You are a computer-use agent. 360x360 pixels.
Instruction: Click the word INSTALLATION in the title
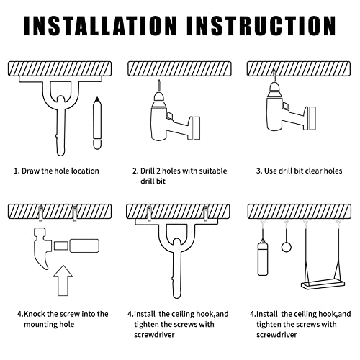click(100, 26)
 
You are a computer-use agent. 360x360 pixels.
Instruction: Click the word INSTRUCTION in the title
click(261, 26)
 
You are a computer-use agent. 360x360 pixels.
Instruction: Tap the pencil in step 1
click(97, 123)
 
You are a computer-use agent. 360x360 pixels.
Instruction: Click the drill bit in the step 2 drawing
click(159, 86)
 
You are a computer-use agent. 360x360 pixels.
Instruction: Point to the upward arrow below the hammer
click(63, 280)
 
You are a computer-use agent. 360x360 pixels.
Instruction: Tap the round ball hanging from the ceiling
click(286, 247)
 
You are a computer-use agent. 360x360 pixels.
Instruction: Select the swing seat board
click(323, 284)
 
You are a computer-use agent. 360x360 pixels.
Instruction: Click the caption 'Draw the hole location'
click(60, 171)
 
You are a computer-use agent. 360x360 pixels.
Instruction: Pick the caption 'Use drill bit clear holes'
click(303, 171)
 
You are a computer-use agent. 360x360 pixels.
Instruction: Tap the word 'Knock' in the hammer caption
click(35, 314)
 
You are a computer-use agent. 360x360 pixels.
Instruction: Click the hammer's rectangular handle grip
click(84, 246)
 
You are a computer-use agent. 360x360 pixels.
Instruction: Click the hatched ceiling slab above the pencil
click(60, 68)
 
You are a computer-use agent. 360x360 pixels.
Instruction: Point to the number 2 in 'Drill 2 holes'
click(158, 171)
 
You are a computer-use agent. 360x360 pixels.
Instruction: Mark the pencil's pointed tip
click(97, 98)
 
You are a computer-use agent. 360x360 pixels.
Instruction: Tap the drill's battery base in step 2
click(197, 128)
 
